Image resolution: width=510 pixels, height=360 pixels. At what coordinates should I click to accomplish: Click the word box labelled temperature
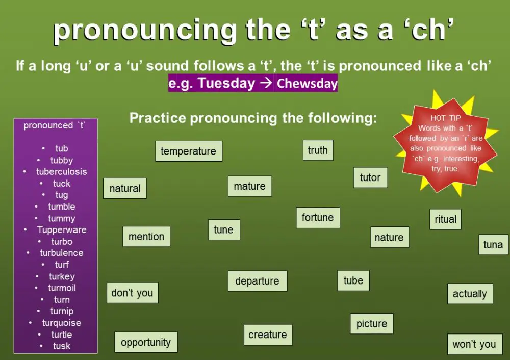[188, 151]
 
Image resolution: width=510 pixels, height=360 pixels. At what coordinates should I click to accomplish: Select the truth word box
[318, 150]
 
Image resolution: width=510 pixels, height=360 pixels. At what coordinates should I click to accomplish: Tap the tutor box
[370, 177]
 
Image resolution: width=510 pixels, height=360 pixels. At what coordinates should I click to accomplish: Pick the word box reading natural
[125, 188]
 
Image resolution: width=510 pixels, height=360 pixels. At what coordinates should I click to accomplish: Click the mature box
[249, 186]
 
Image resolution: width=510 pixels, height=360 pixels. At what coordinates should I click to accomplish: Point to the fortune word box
[317, 218]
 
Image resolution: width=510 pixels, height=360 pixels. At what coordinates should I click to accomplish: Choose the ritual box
[445, 219]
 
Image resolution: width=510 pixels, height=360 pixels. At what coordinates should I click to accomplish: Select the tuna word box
[493, 245]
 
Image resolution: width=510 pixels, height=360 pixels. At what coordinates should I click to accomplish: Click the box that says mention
[146, 237]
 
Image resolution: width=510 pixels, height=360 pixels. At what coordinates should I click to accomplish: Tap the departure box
[257, 281]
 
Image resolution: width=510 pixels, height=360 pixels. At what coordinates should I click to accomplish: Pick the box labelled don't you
[132, 293]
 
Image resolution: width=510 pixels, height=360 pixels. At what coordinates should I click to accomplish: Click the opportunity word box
[146, 342]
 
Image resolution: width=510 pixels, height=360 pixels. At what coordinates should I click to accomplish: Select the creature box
[268, 335]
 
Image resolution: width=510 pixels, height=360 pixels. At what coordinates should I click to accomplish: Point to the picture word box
[372, 324]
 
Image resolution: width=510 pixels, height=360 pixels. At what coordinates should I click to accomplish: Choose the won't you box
[474, 344]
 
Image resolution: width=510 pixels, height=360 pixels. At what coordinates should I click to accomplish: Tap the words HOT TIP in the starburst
[446, 118]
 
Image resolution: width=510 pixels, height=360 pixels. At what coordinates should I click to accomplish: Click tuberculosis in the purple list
[61, 172]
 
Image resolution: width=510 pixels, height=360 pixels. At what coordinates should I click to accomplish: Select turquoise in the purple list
[61, 323]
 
